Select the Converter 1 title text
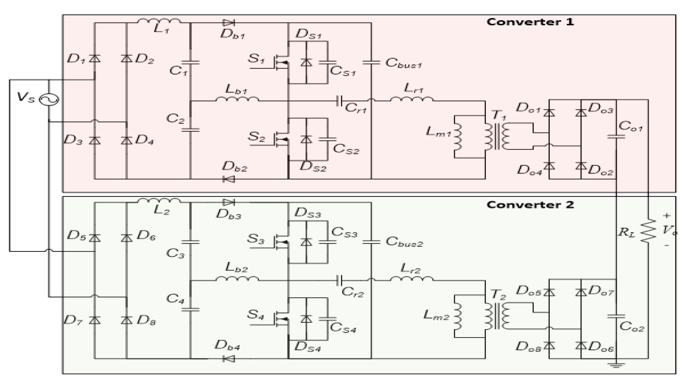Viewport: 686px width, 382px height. tap(530, 22)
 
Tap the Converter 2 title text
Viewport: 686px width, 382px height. tap(530, 205)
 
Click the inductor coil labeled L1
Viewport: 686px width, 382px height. tap(159, 21)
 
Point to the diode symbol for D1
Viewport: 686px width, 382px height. tap(95, 59)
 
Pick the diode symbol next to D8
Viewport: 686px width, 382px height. tap(126, 320)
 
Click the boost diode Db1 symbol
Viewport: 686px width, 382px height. tap(229, 23)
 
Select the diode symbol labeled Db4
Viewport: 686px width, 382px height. tap(229, 359)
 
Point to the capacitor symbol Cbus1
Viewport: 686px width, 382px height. tap(371, 63)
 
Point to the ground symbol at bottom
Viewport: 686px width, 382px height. tap(616, 365)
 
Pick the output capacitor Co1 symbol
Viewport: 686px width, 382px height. tap(616, 137)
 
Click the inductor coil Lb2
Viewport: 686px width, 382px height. tap(237, 279)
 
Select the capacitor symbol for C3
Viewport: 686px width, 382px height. tap(191, 242)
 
